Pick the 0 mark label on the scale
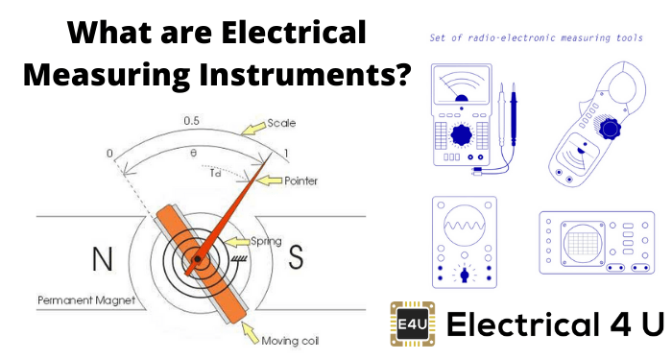(109, 154)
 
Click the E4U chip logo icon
(410, 324)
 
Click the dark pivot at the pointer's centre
(196, 259)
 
